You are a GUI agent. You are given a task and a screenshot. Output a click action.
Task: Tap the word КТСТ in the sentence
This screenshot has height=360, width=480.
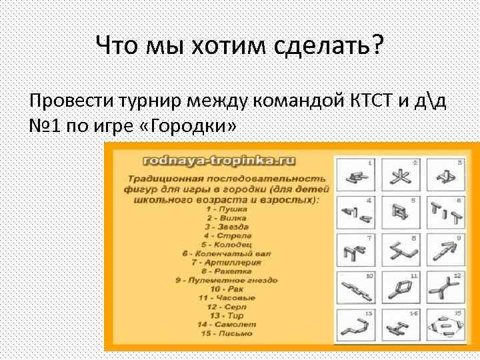click(376, 101)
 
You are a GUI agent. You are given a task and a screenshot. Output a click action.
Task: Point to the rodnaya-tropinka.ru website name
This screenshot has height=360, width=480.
click(221, 160)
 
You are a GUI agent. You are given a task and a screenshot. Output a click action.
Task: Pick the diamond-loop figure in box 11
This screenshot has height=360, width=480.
click(400, 289)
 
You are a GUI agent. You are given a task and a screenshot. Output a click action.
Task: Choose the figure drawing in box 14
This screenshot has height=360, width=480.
click(400, 327)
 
